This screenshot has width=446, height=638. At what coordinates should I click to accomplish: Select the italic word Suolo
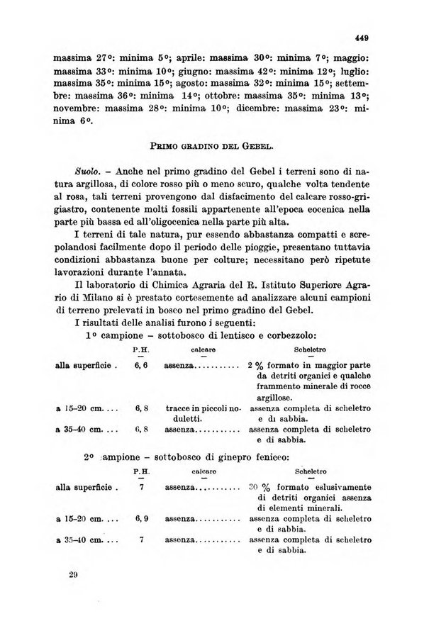click(87, 172)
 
